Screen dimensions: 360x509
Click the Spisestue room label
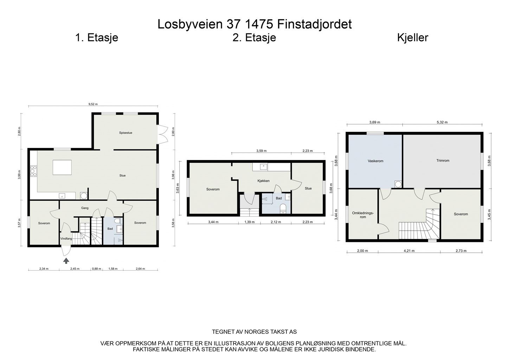(x=125, y=133)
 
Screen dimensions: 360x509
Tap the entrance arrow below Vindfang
(x=66, y=261)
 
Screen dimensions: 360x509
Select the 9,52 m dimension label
(x=93, y=104)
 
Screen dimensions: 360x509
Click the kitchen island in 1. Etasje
(x=62, y=167)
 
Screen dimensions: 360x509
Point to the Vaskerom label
(x=375, y=161)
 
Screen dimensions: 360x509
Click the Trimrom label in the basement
(x=443, y=161)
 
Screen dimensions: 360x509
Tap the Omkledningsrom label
(x=363, y=215)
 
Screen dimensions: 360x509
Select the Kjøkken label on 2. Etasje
(x=263, y=181)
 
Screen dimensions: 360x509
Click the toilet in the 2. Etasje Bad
(x=282, y=210)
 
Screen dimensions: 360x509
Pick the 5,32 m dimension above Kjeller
(x=442, y=122)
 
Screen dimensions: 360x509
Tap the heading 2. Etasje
(x=254, y=38)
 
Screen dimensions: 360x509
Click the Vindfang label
(x=66, y=239)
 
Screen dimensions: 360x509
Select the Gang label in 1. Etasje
(x=85, y=208)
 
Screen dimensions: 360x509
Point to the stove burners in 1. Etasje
(x=34, y=171)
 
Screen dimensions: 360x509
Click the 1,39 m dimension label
(x=249, y=222)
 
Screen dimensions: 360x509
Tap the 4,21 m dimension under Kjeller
(x=409, y=251)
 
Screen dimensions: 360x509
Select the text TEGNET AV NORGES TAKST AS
(x=254, y=332)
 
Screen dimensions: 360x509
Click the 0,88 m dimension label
(x=96, y=269)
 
